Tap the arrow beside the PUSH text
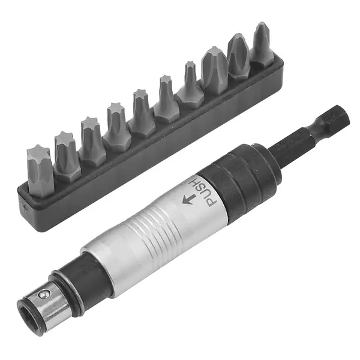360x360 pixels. click(x=189, y=199)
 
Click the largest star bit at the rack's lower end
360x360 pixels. click(x=40, y=170)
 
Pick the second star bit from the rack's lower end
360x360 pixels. click(x=66, y=155)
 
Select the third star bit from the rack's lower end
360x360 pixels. click(x=92, y=141)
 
